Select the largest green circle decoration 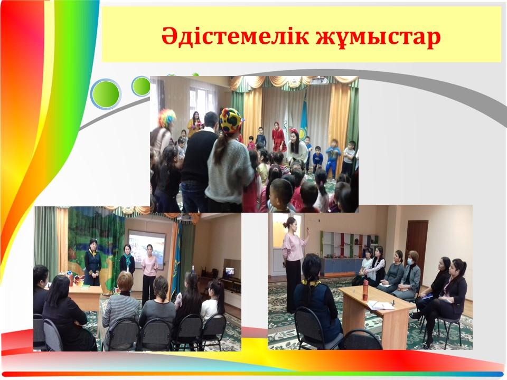pos(106,94)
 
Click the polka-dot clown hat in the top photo pos(231,120)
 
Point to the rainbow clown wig pos(167,118)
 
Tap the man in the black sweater pos(198,161)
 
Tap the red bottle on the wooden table pos(365,290)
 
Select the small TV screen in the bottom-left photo pos(230,271)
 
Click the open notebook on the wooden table pos(380,305)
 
